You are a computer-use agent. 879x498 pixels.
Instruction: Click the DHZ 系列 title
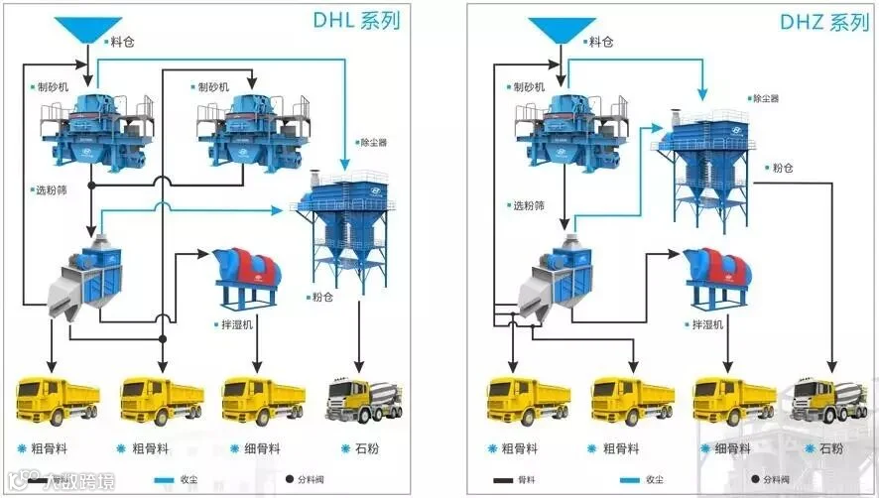(x=823, y=22)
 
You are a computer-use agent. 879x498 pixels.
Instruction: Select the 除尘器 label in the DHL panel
(x=373, y=143)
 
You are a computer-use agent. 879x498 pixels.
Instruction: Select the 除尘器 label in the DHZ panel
(x=766, y=98)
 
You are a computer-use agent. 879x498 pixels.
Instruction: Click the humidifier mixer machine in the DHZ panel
(x=715, y=276)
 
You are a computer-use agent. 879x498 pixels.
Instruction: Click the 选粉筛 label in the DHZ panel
(x=528, y=205)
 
